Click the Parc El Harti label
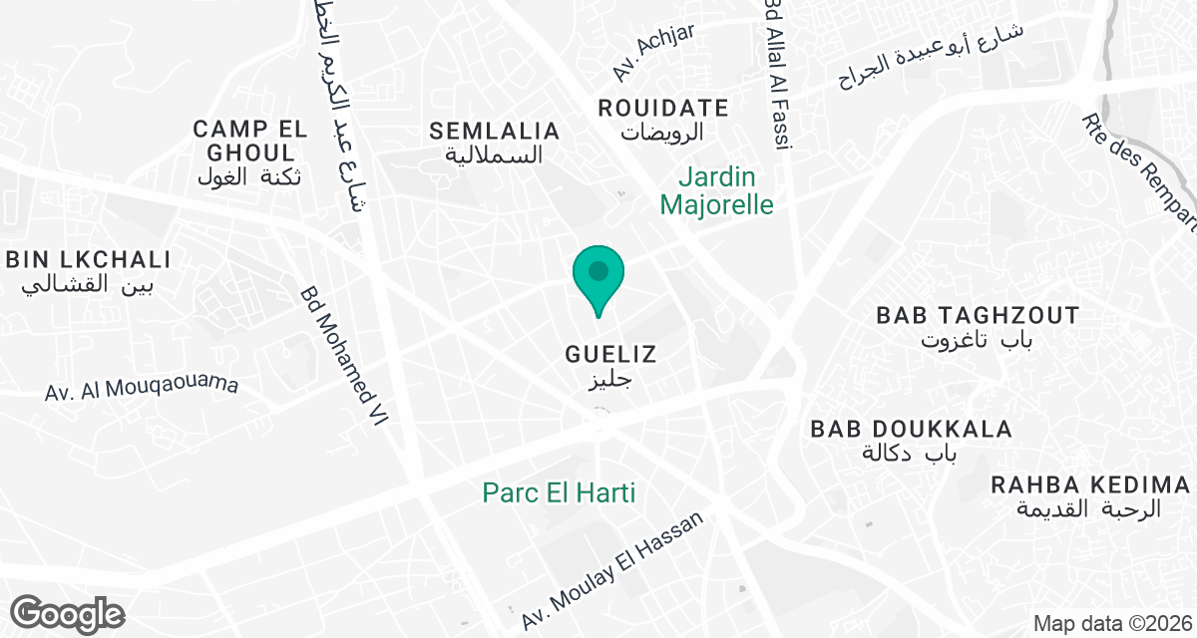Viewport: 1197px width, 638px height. pos(559,492)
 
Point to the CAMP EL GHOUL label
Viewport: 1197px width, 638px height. pos(245,141)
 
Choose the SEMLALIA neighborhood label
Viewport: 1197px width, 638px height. pos(495,131)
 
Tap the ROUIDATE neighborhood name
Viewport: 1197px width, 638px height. pos(663,108)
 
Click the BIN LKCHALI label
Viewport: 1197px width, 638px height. pos(88,260)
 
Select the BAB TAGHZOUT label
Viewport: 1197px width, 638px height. pos(978,316)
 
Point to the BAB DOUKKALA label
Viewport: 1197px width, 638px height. pos(912,429)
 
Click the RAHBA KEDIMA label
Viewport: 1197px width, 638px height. pos(1090,485)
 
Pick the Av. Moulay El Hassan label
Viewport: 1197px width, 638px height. pos(612,571)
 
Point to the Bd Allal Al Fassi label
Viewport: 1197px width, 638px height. pos(777,75)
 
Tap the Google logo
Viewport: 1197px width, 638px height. pos(67,613)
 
